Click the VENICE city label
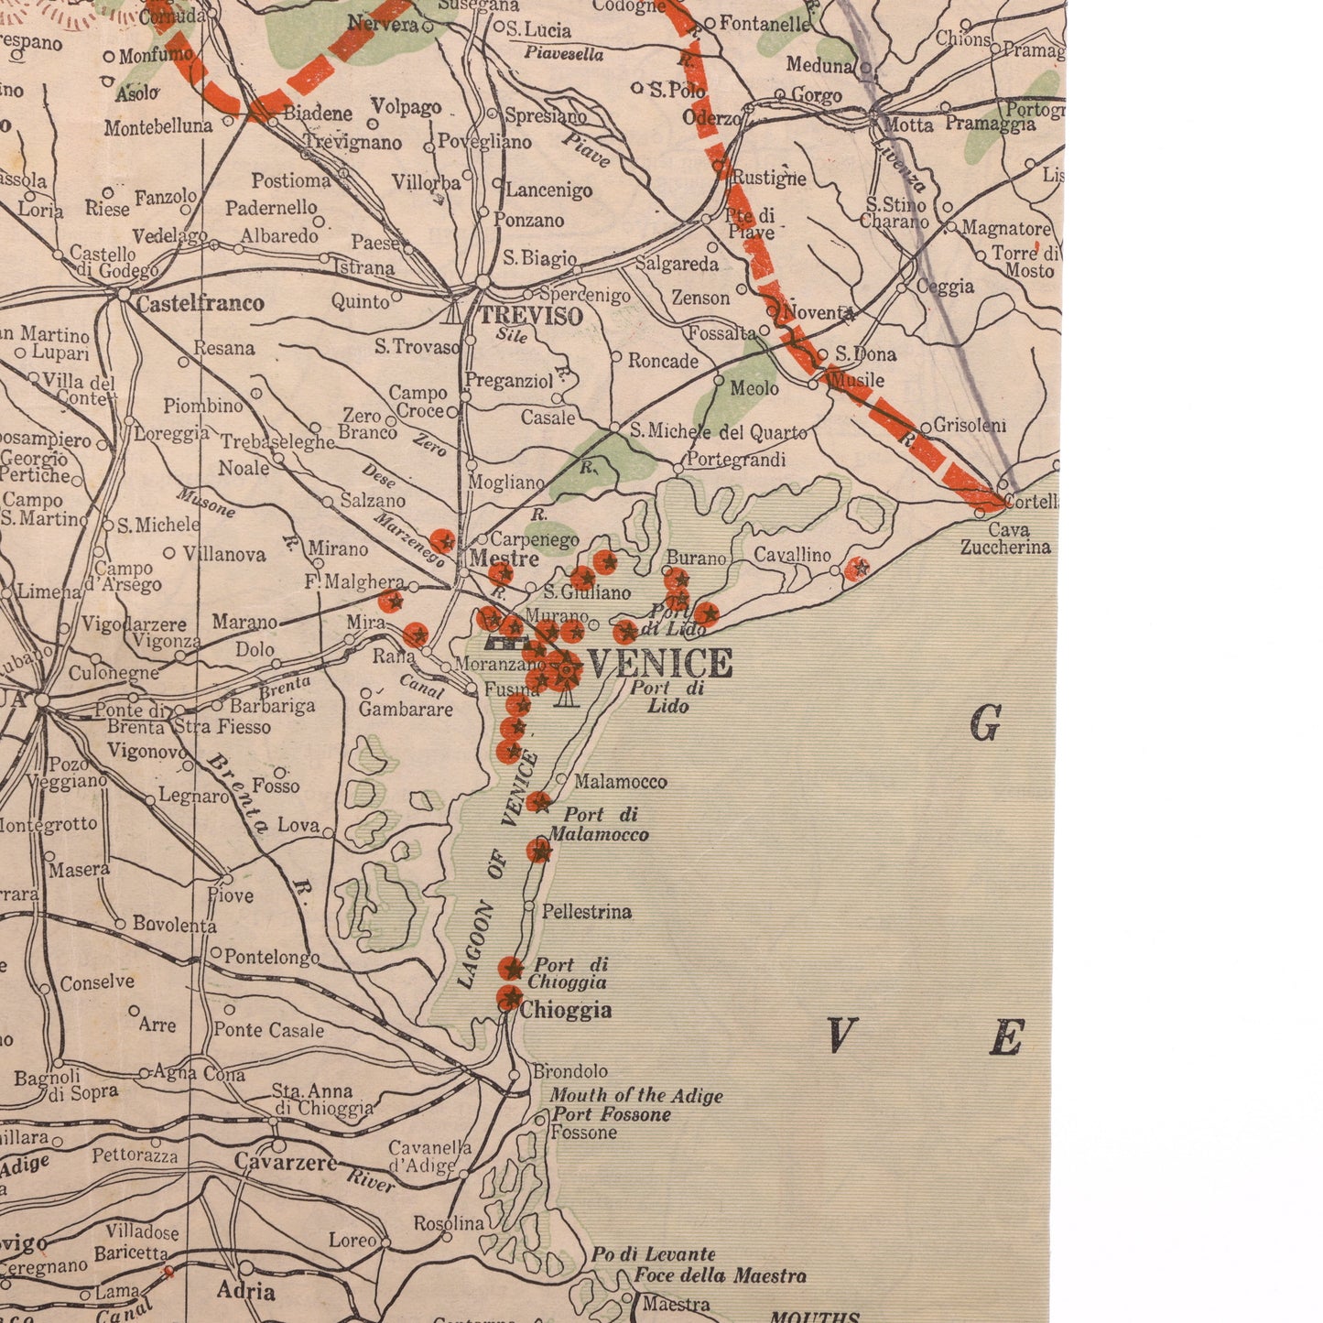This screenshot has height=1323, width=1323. point(659,662)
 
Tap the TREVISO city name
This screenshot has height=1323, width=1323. point(531,317)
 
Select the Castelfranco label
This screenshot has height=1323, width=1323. point(200,303)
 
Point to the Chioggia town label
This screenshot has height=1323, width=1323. point(566,1010)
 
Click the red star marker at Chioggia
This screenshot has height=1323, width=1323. point(509,997)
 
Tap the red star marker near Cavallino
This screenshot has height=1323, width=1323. point(857,569)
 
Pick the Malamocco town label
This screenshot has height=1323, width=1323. point(620,782)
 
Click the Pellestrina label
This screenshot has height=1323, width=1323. point(586,912)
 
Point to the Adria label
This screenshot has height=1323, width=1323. point(245,1291)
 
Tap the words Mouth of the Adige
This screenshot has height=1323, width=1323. point(635,1095)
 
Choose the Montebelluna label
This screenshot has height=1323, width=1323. point(157,127)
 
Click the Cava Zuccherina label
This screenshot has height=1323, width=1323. point(1004,538)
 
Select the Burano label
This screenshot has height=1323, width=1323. point(696,558)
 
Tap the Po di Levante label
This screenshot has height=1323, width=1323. point(653,1254)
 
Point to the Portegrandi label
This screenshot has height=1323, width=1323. point(735,460)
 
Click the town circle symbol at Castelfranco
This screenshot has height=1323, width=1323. point(124,294)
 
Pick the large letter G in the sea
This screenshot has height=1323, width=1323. point(984,725)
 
